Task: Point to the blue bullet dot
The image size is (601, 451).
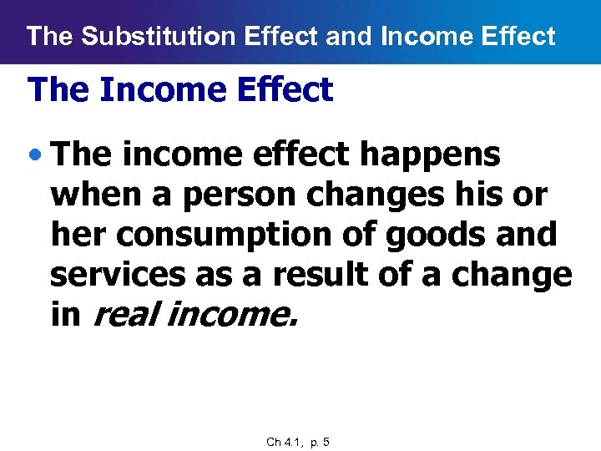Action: pos(35,155)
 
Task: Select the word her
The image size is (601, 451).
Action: pos(78,235)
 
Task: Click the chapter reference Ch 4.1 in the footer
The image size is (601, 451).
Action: pos(283,442)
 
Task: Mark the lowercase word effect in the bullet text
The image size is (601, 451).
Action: pos(298,155)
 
